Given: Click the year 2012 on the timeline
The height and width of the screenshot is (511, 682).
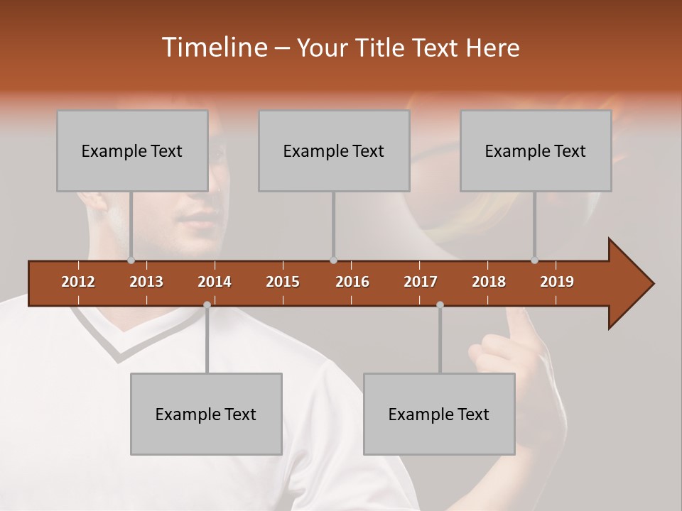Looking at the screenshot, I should (78, 282).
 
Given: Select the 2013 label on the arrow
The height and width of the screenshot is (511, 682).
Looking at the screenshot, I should (146, 282).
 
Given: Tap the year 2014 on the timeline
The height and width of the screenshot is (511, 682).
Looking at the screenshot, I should (215, 282).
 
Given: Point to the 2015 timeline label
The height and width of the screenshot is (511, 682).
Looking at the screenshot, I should (283, 282).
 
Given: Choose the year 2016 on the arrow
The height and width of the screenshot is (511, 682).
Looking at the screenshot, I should (352, 282).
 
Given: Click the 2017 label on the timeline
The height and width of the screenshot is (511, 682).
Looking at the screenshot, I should (421, 282).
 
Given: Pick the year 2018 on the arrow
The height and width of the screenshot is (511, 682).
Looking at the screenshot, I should (489, 282).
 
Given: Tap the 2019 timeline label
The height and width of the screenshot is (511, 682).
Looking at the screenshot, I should (557, 282).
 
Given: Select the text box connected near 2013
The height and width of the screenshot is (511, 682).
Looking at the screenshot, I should (132, 150).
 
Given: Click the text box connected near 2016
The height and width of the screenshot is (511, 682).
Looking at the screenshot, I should (334, 150).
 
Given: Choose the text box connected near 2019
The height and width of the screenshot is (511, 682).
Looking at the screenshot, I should (536, 150).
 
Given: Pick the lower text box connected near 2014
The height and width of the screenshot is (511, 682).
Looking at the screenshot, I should (206, 414).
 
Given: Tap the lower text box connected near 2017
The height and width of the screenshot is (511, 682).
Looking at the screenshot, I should (439, 414).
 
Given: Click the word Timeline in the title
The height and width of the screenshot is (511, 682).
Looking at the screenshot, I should (213, 48).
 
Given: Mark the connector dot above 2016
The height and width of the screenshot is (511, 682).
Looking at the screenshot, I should (334, 260).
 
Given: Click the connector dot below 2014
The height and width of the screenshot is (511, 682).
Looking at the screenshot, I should (207, 305).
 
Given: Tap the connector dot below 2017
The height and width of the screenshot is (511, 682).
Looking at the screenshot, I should (440, 305).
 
